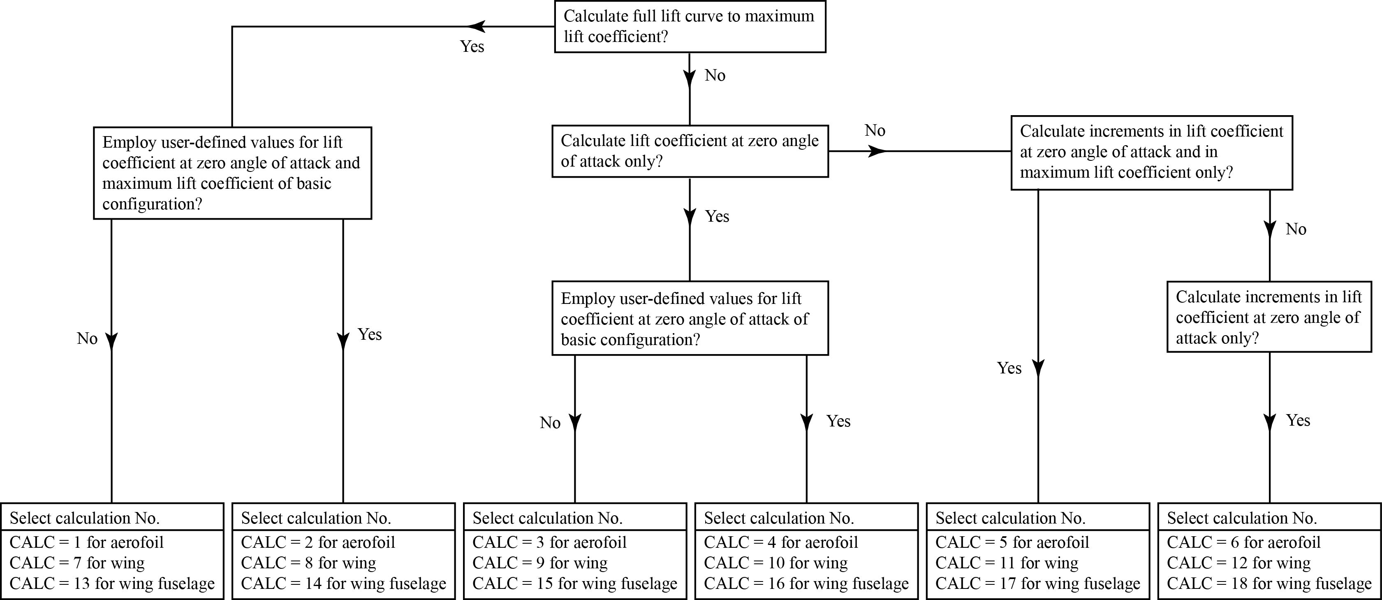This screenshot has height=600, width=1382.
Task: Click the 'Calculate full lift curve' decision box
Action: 690,26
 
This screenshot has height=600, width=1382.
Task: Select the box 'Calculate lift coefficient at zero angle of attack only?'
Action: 690,151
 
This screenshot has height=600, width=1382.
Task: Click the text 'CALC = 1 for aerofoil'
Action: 86,542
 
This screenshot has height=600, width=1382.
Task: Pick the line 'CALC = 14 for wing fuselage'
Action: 343,584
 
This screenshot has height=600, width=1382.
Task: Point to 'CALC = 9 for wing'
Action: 540,563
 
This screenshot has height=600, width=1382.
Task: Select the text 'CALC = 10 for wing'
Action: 776,563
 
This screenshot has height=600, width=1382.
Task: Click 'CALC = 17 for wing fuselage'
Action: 1037,584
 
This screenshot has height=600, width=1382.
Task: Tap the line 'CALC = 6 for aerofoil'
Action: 1243,542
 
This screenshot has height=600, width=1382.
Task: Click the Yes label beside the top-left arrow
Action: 472,47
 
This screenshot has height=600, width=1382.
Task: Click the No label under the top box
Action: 715,76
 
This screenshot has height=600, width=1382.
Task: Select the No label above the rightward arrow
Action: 875,130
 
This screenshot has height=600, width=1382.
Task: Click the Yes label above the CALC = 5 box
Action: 1009,368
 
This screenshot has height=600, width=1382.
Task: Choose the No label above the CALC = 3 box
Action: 550,423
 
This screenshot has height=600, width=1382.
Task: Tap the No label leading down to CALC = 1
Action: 87,338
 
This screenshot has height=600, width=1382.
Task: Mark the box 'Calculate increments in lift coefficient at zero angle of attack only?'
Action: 1269,317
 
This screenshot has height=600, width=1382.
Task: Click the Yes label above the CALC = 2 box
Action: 370,334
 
